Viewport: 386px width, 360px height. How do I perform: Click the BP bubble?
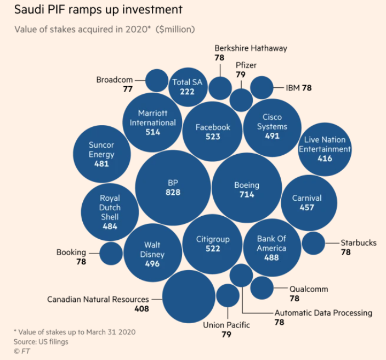click(x=173, y=188)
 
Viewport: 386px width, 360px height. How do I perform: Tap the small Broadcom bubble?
click(x=157, y=81)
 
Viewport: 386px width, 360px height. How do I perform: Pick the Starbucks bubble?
click(x=314, y=243)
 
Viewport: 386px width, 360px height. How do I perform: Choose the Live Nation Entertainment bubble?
click(x=325, y=149)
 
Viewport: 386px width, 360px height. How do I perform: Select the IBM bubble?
click(x=262, y=87)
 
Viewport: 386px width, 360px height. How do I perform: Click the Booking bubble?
click(x=111, y=253)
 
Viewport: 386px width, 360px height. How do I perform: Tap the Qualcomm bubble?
click(x=262, y=288)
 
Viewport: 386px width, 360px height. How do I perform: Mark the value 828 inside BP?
click(x=173, y=193)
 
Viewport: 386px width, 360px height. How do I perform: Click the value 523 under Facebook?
click(x=213, y=137)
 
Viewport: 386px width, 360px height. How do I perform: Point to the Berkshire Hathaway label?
click(x=251, y=48)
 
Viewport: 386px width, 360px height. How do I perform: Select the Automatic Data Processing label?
click(x=323, y=313)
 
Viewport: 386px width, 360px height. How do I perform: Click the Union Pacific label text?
click(x=226, y=325)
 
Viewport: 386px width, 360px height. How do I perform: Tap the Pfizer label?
click(x=246, y=65)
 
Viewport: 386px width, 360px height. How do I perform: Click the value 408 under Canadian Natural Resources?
click(x=141, y=309)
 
